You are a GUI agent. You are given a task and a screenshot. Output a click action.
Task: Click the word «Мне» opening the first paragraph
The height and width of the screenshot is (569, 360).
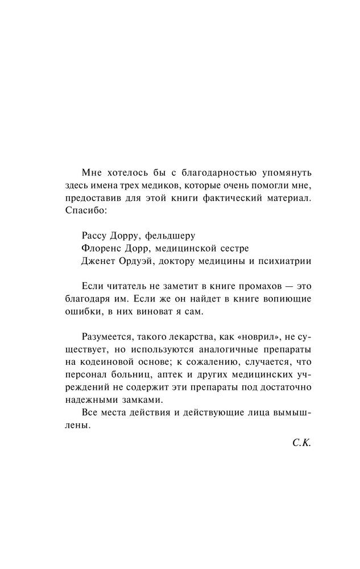[92, 172]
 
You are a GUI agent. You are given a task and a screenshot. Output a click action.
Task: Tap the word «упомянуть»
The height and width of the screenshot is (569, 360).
[287, 172]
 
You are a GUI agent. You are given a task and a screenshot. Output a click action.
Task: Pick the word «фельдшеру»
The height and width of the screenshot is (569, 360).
[172, 234]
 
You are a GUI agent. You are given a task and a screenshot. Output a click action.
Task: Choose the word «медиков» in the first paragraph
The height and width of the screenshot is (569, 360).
[161, 185]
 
